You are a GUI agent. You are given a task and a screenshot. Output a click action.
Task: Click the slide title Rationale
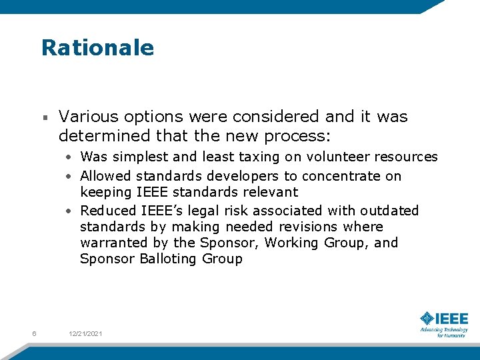point(97,48)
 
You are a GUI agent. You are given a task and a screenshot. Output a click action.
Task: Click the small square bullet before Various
point(45,118)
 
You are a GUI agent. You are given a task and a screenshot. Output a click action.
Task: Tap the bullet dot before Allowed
point(69,177)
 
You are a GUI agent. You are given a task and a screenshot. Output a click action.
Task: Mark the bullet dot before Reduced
point(69,211)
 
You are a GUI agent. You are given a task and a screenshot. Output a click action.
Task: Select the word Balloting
point(167,259)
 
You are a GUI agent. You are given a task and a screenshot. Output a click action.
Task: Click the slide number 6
point(34,333)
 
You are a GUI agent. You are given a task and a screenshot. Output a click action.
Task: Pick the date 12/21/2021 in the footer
point(86,333)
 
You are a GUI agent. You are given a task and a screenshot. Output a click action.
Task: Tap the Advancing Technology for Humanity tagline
point(444,332)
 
